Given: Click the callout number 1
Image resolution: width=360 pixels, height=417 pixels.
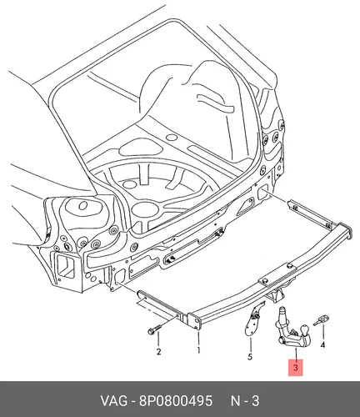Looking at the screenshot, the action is coord(198,350).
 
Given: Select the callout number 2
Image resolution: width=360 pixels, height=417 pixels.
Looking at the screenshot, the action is coord(158,352).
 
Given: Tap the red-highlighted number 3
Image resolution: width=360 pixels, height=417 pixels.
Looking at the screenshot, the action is coord(296,368).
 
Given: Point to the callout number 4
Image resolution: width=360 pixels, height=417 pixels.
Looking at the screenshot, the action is coord(322,345).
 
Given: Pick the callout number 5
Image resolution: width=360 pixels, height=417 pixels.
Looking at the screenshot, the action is coord(250,357).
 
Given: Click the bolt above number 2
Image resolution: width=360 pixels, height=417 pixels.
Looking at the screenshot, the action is coord(153,329).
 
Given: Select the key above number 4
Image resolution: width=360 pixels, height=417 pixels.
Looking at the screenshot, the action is coord(321,320).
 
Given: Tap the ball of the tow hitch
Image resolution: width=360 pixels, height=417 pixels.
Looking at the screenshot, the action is coord(305,331).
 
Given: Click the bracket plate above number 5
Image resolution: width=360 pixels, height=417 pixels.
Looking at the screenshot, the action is coord(253,320).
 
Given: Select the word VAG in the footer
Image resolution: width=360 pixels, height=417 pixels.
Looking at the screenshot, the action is coord(113,401).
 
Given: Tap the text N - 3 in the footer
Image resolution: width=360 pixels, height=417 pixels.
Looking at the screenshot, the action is coord(245,401).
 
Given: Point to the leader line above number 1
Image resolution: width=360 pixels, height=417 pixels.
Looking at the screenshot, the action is coord(198,338).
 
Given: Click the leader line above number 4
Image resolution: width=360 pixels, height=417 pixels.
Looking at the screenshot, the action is coord(322,333).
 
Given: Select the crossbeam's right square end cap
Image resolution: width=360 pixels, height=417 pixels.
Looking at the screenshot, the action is coord(344,231).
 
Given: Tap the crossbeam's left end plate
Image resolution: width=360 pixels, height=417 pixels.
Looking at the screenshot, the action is coord(194,322).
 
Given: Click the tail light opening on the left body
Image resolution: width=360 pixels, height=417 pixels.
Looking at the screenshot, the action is coord(66,266).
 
